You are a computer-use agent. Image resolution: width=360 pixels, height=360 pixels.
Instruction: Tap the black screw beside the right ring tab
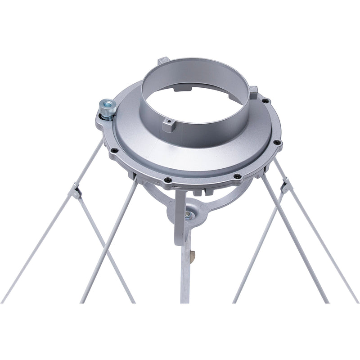(x=265, y=101)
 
